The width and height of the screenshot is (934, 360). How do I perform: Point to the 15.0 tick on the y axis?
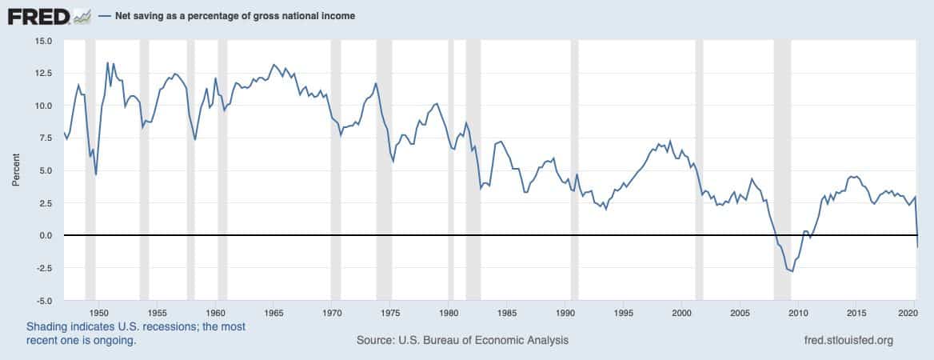pos(44,40)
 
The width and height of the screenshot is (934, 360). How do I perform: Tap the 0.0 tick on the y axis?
pos(46,235)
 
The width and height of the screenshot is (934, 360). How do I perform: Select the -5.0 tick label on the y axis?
pos(45,300)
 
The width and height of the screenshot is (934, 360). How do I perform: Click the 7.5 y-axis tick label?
pos(46,138)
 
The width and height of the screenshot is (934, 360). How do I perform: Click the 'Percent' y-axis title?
pos(16,170)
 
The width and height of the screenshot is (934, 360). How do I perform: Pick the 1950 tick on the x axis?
pos(98,313)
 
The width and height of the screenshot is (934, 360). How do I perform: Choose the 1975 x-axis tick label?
pos(390,313)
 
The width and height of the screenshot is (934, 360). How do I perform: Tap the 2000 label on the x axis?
pos(682,313)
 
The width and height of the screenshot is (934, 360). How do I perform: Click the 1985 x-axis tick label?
pos(507,313)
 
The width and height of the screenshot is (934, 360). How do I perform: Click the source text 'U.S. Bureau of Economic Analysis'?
pos(483,340)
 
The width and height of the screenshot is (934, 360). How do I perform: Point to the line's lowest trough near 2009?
pos(792,272)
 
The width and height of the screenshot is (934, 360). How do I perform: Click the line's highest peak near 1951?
pos(107,62)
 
